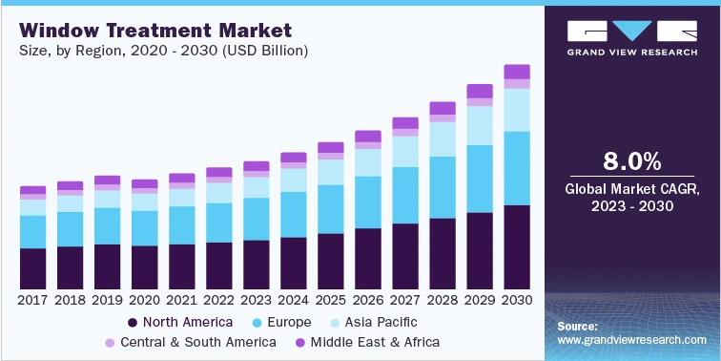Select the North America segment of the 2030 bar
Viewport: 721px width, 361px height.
517,246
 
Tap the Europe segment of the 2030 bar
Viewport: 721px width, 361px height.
517,168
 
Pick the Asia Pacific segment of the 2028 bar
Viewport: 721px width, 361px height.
443,139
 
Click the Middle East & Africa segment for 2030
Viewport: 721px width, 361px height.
517,72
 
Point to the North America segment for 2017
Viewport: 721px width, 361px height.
32,268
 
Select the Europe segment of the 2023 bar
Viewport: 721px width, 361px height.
257,219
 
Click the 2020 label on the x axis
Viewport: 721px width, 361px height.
145,300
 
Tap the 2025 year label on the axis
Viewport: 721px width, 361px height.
331,300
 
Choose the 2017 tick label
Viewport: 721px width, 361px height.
32,300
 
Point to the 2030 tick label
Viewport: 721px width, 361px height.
517,300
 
